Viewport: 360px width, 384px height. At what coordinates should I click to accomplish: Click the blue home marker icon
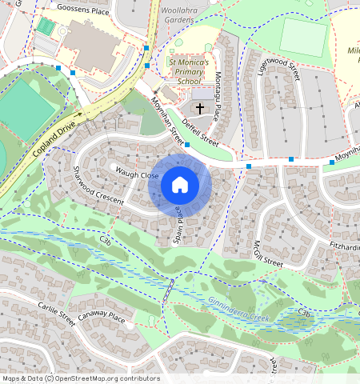tap(180, 185)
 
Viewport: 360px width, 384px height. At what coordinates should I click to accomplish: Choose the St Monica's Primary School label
tap(189, 70)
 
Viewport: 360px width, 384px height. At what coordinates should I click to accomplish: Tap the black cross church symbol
tap(199, 108)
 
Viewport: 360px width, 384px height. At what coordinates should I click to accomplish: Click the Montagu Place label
tap(218, 91)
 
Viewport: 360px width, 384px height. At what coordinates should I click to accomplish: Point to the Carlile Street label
tap(56, 310)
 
